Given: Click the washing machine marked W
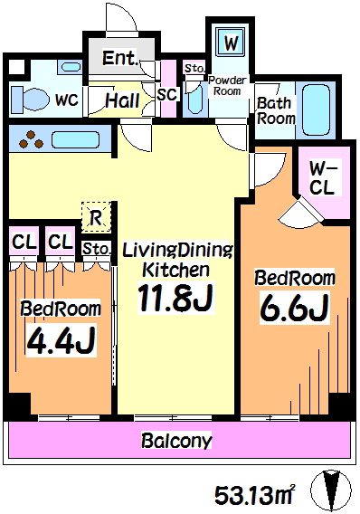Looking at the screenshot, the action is click(231, 43).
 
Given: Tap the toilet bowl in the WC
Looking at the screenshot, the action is click(29, 99).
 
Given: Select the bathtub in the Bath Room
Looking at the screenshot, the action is click(316, 109).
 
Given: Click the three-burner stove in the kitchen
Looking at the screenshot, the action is click(31, 140).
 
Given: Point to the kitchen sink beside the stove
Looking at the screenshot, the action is click(75, 140).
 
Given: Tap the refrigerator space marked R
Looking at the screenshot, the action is click(96, 217).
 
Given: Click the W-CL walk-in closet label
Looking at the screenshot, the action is click(323, 178).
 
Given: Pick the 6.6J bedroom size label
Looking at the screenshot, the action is click(295, 308).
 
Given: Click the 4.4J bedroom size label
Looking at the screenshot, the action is click(61, 341).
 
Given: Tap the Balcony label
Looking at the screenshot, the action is click(177, 441).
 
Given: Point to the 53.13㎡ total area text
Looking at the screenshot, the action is click(254, 495).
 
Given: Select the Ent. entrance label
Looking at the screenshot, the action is click(119, 58).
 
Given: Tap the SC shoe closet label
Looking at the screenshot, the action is click(167, 94).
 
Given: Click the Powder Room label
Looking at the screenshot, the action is click(227, 85).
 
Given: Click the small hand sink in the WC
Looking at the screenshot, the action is click(71, 67).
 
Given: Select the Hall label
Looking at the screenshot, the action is click(122, 100).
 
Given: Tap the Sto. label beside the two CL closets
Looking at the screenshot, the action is click(96, 249).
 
